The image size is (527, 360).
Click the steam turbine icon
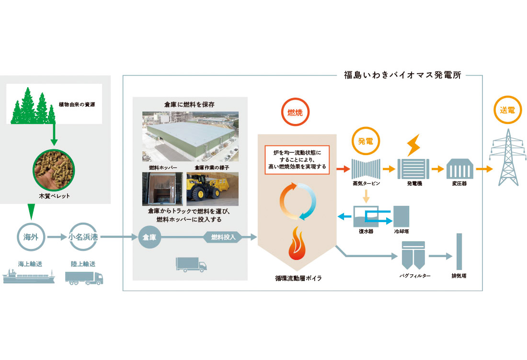[366, 169]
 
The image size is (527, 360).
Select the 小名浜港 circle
[83, 236]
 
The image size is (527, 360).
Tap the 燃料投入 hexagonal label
[223, 236]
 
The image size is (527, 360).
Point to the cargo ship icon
[29, 277]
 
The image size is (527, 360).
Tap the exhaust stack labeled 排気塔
[459, 252]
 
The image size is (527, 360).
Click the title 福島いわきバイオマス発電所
[402, 75]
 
